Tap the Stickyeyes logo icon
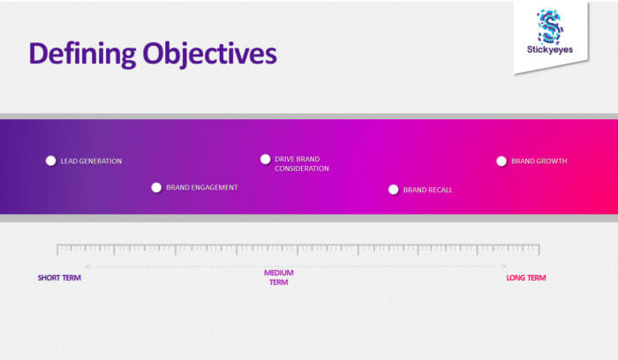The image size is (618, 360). coord(550,26)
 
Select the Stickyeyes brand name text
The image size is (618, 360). coord(549,50)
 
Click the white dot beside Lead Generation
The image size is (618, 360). coord(50,161)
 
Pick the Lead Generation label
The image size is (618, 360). coord(91,161)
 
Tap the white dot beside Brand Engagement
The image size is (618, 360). coord(156,187)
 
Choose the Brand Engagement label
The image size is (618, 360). coord(202,187)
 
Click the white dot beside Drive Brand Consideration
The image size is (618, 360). coord(265,159)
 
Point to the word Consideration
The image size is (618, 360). coord(301,169)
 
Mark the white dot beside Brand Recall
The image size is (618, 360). coord(393,189)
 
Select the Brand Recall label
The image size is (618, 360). coord(427,190)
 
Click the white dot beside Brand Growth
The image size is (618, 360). coord(501,161)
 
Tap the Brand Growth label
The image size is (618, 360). coord(539,161)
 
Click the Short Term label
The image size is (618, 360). coord(59,278)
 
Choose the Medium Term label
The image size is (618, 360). coord(278,277)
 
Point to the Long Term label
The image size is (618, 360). coord(525,278)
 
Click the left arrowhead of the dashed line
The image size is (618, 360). coord(87,266)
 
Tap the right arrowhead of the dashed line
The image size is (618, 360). coord(505,266)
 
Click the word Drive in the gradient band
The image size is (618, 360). coord(284,159)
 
